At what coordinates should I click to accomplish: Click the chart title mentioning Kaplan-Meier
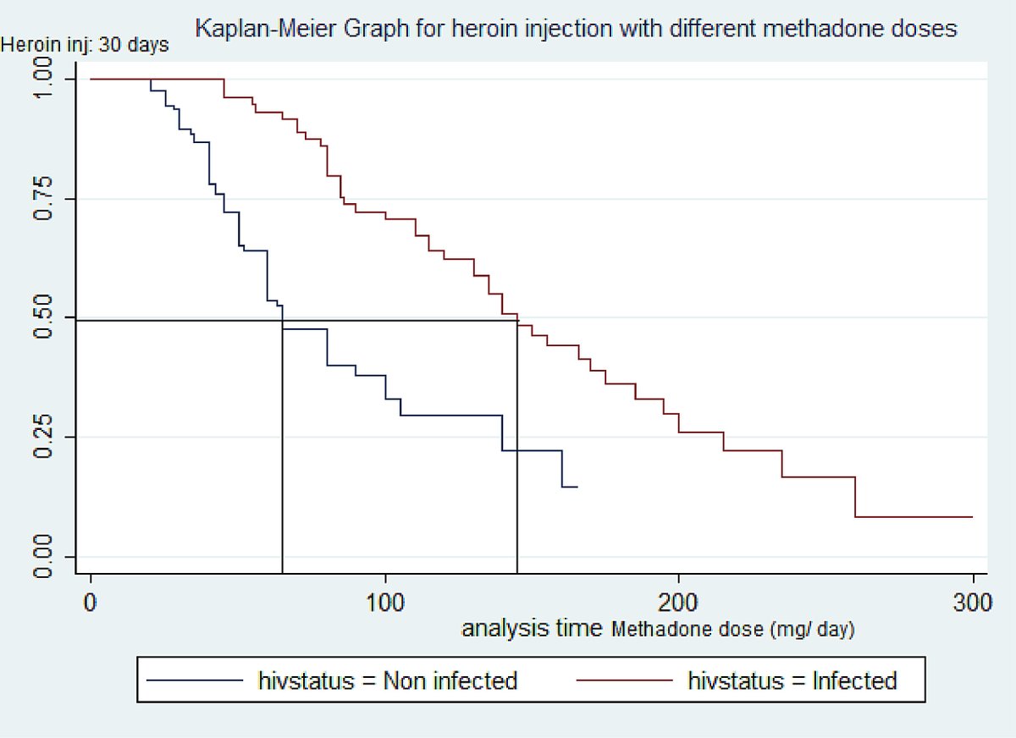pyautogui.click(x=576, y=29)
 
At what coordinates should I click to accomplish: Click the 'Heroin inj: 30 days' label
pyautogui.click(x=85, y=45)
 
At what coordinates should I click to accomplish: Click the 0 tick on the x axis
pyautogui.click(x=91, y=605)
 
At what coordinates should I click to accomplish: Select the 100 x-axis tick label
pyautogui.click(x=385, y=605)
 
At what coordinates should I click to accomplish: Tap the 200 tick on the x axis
pyautogui.click(x=679, y=605)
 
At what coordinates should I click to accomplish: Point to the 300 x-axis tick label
pyautogui.click(x=973, y=605)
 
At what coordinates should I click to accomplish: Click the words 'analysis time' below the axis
pyautogui.click(x=532, y=629)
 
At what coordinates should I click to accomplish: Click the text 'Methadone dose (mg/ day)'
pyautogui.click(x=733, y=630)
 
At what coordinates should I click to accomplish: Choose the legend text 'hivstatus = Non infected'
pyautogui.click(x=388, y=680)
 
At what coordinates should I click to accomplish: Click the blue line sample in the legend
pyautogui.click(x=196, y=680)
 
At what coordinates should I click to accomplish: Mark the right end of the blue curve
pyautogui.click(x=577, y=487)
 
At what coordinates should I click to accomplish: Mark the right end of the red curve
pyautogui.click(x=972, y=516)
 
